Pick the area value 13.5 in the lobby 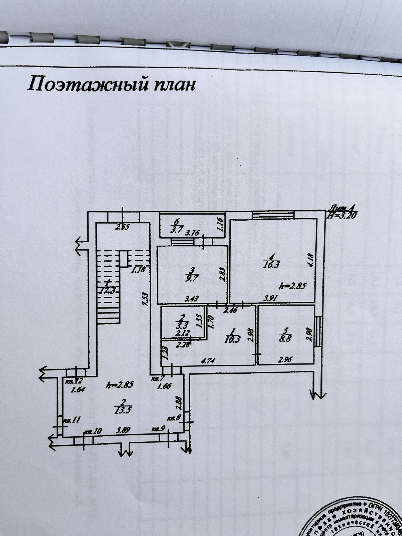[123, 410]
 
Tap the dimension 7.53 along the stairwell [146, 299]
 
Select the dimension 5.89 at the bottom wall [123, 430]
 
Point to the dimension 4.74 [208, 361]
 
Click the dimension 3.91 [270, 298]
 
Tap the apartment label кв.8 [174, 418]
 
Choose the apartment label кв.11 [71, 420]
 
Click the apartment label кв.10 [93, 432]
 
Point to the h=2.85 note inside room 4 [292, 286]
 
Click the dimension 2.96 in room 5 [285, 359]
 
